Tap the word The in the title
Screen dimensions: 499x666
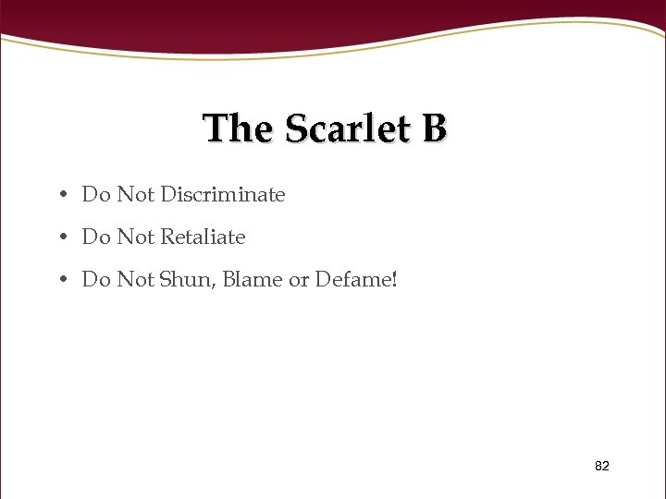(x=238, y=128)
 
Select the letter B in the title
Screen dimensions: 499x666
(x=434, y=128)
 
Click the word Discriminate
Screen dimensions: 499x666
(x=222, y=195)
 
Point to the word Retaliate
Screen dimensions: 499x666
(x=203, y=237)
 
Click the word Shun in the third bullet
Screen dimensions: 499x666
(x=187, y=279)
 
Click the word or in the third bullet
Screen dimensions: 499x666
(x=299, y=279)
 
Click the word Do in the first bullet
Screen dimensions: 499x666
(x=95, y=195)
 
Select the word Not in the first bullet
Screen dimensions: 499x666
(x=135, y=195)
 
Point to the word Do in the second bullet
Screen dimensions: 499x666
(x=95, y=237)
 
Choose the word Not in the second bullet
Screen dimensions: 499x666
(x=135, y=237)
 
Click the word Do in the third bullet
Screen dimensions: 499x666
(x=95, y=279)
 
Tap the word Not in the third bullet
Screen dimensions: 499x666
(x=135, y=279)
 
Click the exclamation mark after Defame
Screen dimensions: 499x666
(x=394, y=279)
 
